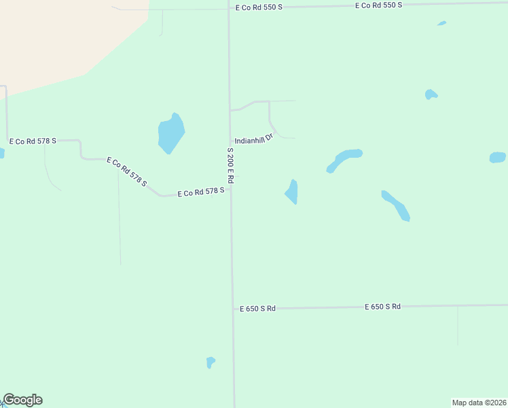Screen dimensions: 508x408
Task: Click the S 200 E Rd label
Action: pyautogui.click(x=231, y=166)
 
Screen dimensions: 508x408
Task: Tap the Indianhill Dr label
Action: pyautogui.click(x=254, y=138)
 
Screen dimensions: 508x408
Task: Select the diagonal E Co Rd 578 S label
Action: pyautogui.click(x=127, y=172)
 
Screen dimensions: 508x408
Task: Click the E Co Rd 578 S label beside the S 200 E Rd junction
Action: pyautogui.click(x=201, y=192)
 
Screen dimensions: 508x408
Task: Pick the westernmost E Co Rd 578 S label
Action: pyautogui.click(x=32, y=141)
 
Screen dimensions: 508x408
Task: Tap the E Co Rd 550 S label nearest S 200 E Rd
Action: pyautogui.click(x=259, y=7)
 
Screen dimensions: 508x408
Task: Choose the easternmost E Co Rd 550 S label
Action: pyautogui.click(x=379, y=5)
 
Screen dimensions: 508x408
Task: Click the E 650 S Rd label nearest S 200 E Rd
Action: pyautogui.click(x=257, y=308)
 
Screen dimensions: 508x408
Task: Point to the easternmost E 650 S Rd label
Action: pyautogui.click(x=382, y=307)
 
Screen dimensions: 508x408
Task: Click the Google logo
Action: pyautogui.click(x=22, y=400)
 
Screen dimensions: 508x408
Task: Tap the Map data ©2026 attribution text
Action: pyautogui.click(x=479, y=403)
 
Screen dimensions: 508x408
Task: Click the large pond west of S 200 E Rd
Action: pyautogui.click(x=171, y=133)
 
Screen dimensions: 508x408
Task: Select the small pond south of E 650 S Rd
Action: pyautogui.click(x=211, y=362)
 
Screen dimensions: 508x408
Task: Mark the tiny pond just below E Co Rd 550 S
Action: pyautogui.click(x=442, y=23)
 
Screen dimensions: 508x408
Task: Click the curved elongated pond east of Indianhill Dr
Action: pyautogui.click(x=344, y=160)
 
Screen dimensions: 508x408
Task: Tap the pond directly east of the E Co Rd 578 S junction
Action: pyautogui.click(x=292, y=192)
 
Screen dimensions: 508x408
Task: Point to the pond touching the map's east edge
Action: pyautogui.click(x=498, y=157)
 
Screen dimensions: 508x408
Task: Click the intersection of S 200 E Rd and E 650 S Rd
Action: pyautogui.click(x=232, y=309)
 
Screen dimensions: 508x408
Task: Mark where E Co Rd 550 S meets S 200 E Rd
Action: pyautogui.click(x=228, y=8)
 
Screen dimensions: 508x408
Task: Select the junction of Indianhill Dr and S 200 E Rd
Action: pyautogui.click(x=230, y=142)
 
